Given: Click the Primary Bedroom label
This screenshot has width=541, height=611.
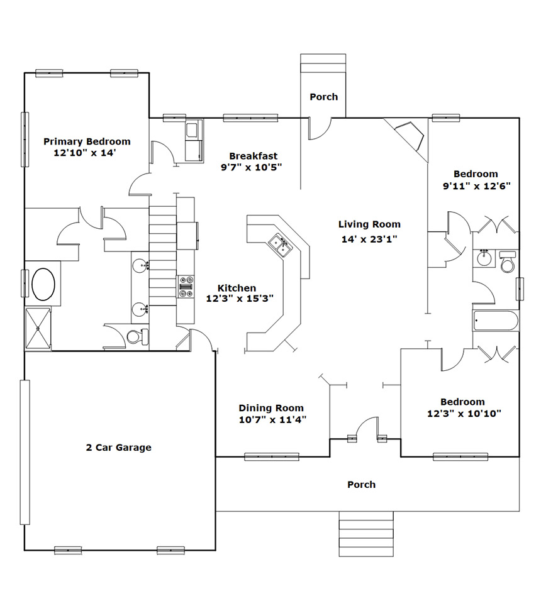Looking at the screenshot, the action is pyautogui.click(x=87, y=141).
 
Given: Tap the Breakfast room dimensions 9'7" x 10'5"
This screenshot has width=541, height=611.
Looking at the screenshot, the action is pyautogui.click(x=251, y=168).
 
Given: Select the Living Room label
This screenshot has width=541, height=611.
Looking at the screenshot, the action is pyautogui.click(x=369, y=224).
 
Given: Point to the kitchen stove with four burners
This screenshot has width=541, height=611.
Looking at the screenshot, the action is pyautogui.click(x=186, y=287).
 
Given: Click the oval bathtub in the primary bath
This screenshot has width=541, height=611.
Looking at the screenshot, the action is pyautogui.click(x=43, y=283).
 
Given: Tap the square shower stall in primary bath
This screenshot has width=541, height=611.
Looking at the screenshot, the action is pyautogui.click(x=38, y=329).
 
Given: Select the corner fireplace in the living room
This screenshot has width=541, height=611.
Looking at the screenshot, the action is pyautogui.click(x=409, y=136).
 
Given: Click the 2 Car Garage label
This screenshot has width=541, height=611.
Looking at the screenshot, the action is pyautogui.click(x=118, y=448).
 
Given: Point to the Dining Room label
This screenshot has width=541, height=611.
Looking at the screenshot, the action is pyautogui.click(x=271, y=408).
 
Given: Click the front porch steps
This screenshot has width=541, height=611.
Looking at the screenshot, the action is pyautogui.click(x=366, y=534).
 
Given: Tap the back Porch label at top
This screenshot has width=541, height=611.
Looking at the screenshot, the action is pyautogui.click(x=324, y=97).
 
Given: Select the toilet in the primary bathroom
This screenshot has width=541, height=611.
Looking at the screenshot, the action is pyautogui.click(x=137, y=337).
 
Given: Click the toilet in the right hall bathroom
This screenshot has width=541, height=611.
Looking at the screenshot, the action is pyautogui.click(x=508, y=262).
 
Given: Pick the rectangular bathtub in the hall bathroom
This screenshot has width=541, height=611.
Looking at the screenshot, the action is pyautogui.click(x=495, y=321).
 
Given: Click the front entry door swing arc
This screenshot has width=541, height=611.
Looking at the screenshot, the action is pyautogui.click(x=365, y=424).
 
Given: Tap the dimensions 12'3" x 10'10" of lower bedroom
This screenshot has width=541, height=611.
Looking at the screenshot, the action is pyautogui.click(x=464, y=414).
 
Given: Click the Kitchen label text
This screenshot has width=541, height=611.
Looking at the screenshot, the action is pyautogui.click(x=237, y=288).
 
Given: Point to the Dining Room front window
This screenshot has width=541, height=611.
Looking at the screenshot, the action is pyautogui.click(x=272, y=456).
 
